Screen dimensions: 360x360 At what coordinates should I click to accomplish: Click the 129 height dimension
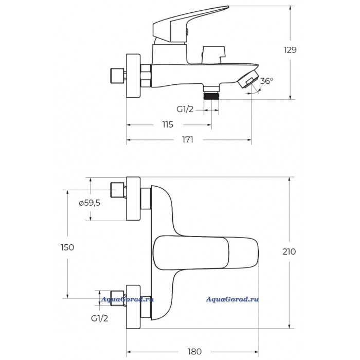click(290, 50)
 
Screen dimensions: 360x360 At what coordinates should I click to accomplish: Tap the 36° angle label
click(266, 81)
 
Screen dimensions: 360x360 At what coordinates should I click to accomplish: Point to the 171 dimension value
click(187, 140)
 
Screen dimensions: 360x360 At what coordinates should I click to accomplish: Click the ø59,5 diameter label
click(89, 203)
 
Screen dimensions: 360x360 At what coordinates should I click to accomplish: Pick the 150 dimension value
click(67, 247)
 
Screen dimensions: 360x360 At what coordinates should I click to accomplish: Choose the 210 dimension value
click(290, 251)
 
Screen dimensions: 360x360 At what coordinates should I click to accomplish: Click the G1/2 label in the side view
click(185, 109)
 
